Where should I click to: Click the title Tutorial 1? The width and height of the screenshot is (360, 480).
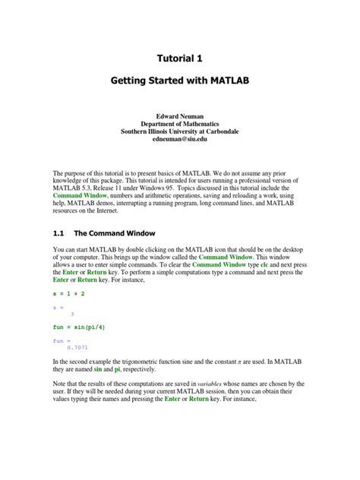coord(180,57)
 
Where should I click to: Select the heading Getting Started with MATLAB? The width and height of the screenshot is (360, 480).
coord(180,80)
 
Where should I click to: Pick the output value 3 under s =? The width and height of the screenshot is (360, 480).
coord(72,313)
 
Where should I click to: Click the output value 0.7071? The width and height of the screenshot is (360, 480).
coord(78,347)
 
